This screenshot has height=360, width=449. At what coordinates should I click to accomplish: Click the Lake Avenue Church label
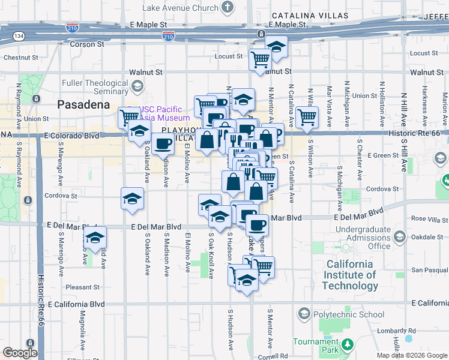(x=180, y=8)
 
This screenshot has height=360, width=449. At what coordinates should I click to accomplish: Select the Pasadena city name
(x=84, y=104)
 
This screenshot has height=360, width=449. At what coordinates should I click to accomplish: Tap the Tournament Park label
(x=315, y=346)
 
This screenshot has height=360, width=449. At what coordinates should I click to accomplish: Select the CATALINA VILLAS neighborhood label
(x=309, y=15)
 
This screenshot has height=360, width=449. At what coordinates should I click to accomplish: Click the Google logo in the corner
(x=20, y=353)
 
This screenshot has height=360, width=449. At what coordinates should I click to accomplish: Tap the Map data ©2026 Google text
(x=411, y=355)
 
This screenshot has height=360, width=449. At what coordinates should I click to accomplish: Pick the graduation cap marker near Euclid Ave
(x=95, y=238)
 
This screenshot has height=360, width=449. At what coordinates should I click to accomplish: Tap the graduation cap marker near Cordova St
(x=132, y=200)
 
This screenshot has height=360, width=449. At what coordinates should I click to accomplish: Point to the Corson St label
(x=87, y=44)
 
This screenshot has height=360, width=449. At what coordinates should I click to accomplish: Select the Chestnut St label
(x=20, y=58)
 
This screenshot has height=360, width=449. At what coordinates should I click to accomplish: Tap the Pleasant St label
(x=82, y=287)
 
